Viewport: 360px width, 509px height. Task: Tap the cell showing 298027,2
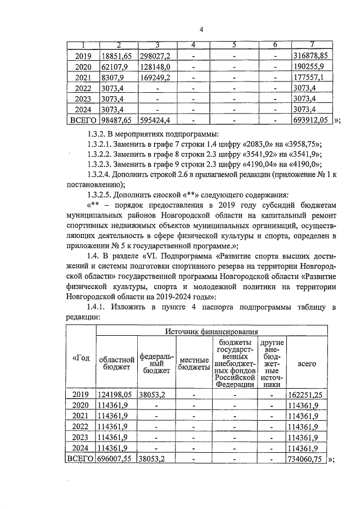pos(159,56)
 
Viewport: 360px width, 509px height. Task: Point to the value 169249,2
pos(159,77)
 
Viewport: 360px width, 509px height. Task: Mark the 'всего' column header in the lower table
pos(306,363)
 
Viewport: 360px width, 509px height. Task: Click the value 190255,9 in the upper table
pos(310,66)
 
